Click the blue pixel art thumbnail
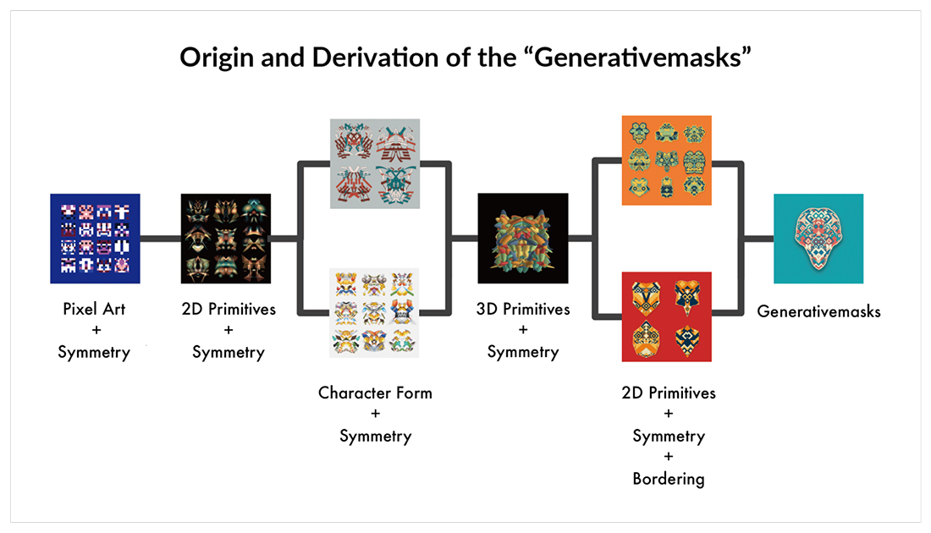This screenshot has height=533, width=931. click(95, 239)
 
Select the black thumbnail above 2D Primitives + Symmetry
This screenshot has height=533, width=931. click(226, 239)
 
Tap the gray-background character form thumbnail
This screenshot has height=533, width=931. click(375, 164)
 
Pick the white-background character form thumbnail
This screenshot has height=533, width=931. click(374, 313)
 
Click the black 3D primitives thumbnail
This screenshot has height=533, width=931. click(522, 238)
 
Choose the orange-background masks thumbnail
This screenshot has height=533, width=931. click(666, 160)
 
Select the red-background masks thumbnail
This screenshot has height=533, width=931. click(666, 317)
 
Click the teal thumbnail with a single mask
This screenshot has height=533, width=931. click(818, 239)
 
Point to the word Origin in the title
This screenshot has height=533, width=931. click(218, 58)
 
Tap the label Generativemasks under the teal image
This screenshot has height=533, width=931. click(818, 311)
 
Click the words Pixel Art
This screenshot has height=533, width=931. click(94, 309)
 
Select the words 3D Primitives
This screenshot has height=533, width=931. click(523, 310)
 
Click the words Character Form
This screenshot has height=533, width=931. click(375, 393)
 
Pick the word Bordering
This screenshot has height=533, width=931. click(669, 479)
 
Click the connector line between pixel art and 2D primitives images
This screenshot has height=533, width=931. click(160, 239)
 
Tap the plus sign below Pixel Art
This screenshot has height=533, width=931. click(96, 330)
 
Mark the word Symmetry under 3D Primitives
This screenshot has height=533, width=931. click(523, 353)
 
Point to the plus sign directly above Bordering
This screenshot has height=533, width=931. click(669, 456)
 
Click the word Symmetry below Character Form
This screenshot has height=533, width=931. click(375, 437)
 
